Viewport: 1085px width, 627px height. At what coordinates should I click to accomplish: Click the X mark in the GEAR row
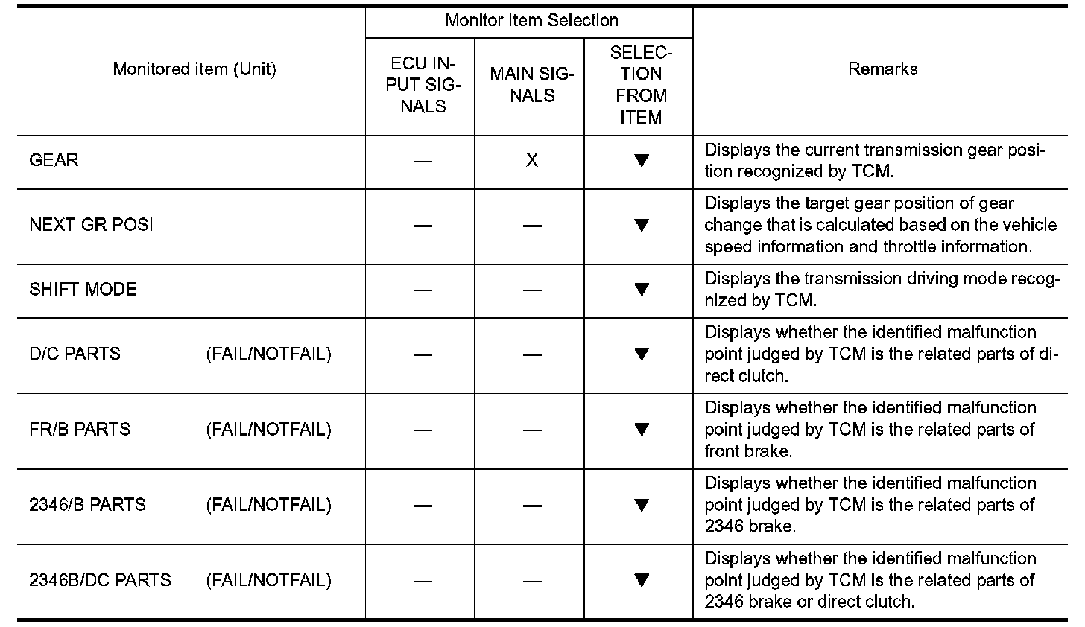pyautogui.click(x=531, y=161)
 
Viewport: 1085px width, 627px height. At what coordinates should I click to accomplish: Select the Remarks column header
pyautogui.click(x=882, y=69)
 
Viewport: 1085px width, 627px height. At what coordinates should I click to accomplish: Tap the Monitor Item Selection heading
pyautogui.click(x=531, y=20)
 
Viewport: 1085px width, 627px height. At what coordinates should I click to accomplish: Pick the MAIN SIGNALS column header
pyautogui.click(x=531, y=85)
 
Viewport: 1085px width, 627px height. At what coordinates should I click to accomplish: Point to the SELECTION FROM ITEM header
pyautogui.click(x=641, y=85)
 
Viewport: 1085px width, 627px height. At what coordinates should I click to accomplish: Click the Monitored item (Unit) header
pyautogui.click(x=194, y=69)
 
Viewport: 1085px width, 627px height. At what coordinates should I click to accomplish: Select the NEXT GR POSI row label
pyautogui.click(x=91, y=225)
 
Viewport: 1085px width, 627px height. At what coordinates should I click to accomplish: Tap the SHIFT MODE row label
pyautogui.click(x=83, y=290)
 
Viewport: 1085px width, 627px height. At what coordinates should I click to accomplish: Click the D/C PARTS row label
pyautogui.click(x=75, y=354)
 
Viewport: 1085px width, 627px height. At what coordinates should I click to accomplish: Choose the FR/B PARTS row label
pyautogui.click(x=80, y=430)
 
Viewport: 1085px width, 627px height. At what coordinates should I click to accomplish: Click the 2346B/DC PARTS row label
pyautogui.click(x=100, y=580)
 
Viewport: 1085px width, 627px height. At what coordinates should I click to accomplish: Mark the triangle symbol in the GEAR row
pyautogui.click(x=641, y=161)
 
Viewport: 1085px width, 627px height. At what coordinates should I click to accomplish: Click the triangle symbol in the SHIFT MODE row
pyautogui.click(x=641, y=290)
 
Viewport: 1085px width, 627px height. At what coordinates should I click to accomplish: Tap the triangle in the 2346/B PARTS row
pyautogui.click(x=641, y=505)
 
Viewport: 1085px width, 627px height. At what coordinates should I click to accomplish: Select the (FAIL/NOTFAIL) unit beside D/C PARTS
pyautogui.click(x=268, y=354)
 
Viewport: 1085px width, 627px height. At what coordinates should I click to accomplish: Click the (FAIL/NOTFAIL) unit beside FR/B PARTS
pyautogui.click(x=268, y=430)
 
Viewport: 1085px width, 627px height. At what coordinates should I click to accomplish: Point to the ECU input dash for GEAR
pyautogui.click(x=423, y=162)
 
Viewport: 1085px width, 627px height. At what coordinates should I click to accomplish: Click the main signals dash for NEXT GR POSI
pyautogui.click(x=531, y=226)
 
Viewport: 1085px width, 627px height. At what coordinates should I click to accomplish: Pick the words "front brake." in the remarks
pyautogui.click(x=748, y=451)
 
